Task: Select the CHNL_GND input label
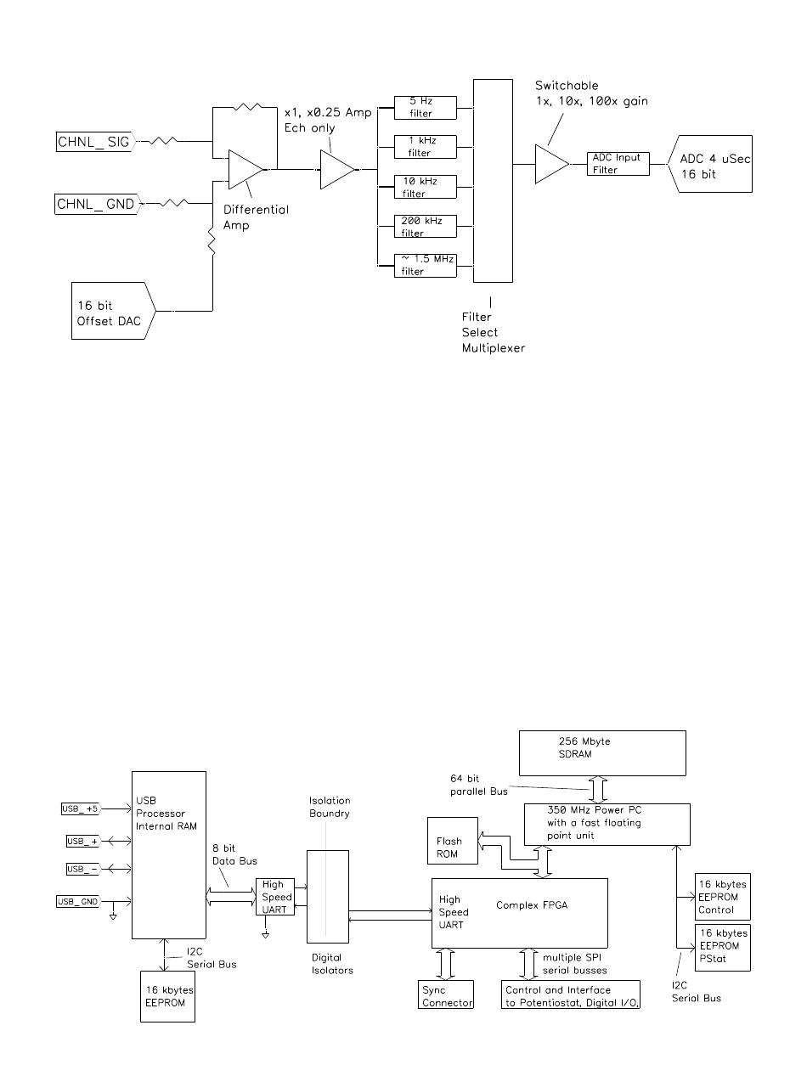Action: (x=98, y=204)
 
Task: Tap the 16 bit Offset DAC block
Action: (x=113, y=311)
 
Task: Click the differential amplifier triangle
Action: (x=245, y=170)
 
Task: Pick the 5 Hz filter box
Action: (x=425, y=108)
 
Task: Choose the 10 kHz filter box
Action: (x=425, y=187)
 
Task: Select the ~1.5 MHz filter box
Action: (x=425, y=265)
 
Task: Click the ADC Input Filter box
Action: (x=618, y=164)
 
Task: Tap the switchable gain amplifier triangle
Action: (x=551, y=164)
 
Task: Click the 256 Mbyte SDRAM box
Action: (x=602, y=753)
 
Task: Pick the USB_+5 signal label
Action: (x=81, y=808)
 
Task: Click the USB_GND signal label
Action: (x=78, y=902)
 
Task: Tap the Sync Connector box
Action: (x=446, y=994)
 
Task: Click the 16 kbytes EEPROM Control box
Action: (x=722, y=897)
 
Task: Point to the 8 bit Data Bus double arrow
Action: (x=231, y=897)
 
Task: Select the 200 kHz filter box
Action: (x=425, y=227)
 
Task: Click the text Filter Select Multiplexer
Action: (x=494, y=332)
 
